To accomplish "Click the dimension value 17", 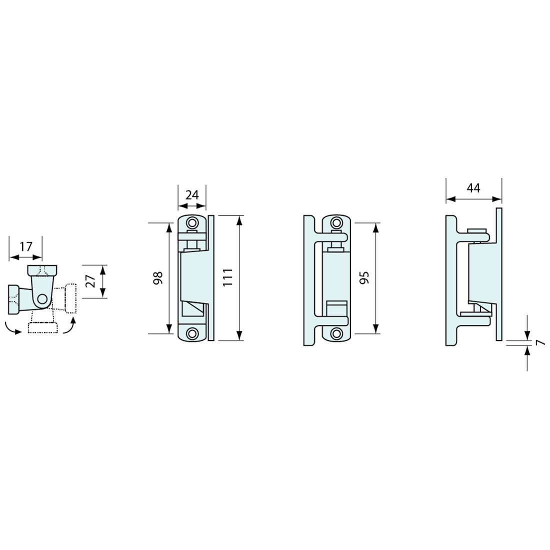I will (x=25, y=246).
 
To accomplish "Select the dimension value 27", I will (x=90, y=281).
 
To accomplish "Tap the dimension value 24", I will (x=192, y=194).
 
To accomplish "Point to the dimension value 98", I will (x=158, y=278).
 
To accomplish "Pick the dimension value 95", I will (x=364, y=278).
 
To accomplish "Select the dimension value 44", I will (x=473, y=187).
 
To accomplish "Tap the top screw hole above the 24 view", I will (x=192, y=222).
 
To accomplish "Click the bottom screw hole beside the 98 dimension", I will (x=192, y=333).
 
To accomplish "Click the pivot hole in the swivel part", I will (x=42, y=299).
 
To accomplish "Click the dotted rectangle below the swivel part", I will (x=43, y=328).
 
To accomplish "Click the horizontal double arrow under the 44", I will (x=473, y=199).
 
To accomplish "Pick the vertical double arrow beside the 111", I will (x=240, y=278).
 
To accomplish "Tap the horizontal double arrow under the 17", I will (x=25, y=257).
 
